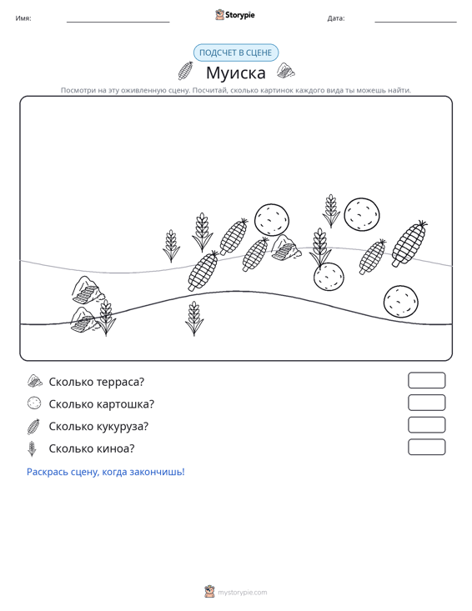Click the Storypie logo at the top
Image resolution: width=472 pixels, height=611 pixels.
pyautogui.click(x=235, y=15)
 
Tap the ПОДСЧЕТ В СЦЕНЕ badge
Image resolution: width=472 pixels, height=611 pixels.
pyautogui.click(x=236, y=53)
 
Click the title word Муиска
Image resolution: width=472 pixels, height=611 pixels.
pyautogui.click(x=236, y=73)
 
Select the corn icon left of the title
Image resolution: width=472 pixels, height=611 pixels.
pyautogui.click(x=185, y=71)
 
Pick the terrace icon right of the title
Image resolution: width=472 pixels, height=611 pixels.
pyautogui.click(x=286, y=70)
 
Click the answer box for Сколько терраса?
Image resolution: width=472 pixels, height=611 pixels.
pyautogui.click(x=426, y=380)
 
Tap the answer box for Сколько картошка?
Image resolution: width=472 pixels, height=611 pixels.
pyautogui.click(x=426, y=403)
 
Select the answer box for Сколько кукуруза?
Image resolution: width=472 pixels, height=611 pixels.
pyautogui.click(x=426, y=425)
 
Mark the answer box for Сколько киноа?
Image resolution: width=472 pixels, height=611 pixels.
pyautogui.click(x=426, y=447)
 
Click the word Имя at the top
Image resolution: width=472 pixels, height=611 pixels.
pyautogui.click(x=23, y=18)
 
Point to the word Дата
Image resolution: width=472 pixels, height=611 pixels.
pyautogui.click(x=335, y=18)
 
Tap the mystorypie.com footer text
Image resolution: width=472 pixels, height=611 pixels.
pyautogui.click(x=242, y=593)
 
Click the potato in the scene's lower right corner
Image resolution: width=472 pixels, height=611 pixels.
pyautogui.click(x=400, y=302)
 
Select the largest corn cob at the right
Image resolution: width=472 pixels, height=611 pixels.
pyautogui.click(x=409, y=243)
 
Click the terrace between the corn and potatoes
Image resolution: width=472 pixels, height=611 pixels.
pyautogui.click(x=286, y=248)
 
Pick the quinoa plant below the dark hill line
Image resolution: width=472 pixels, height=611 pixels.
pyautogui.click(x=193, y=318)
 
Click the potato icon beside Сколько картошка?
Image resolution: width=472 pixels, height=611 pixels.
pyautogui.click(x=34, y=403)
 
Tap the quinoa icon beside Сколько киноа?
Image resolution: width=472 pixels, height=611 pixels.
pyautogui.click(x=33, y=448)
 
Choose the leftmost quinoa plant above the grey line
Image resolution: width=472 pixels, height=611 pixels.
pyautogui.click(x=171, y=246)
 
